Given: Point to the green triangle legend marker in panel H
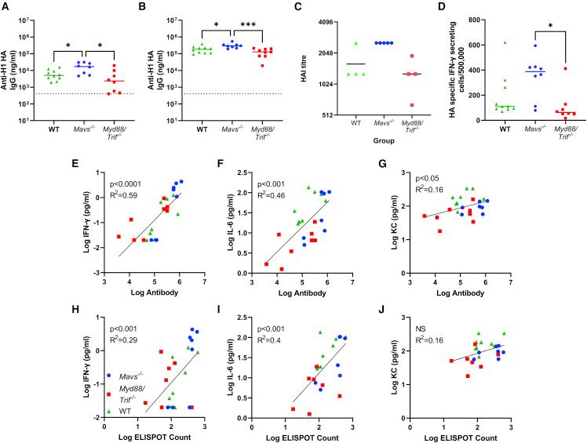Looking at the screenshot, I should pyautogui.click(x=108, y=410).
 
